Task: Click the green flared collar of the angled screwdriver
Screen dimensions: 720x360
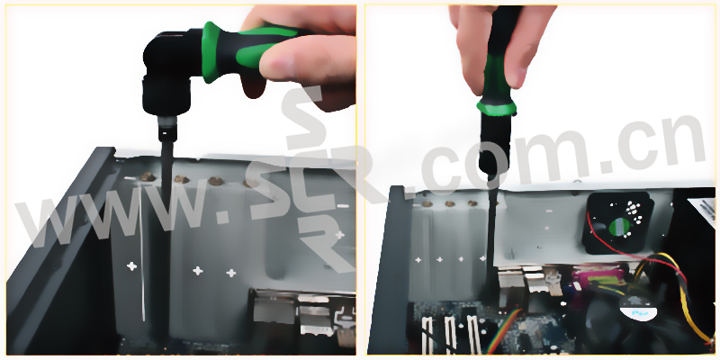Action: click(211, 52)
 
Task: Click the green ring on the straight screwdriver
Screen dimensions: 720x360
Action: click(497, 108)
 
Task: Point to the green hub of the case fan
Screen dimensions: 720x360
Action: click(618, 227)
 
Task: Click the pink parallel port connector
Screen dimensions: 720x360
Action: click(596, 278)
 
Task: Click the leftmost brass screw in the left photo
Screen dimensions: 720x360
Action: click(148, 176)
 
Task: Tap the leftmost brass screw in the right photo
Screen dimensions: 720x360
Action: click(427, 203)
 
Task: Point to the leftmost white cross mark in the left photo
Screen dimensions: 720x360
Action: click(131, 265)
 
